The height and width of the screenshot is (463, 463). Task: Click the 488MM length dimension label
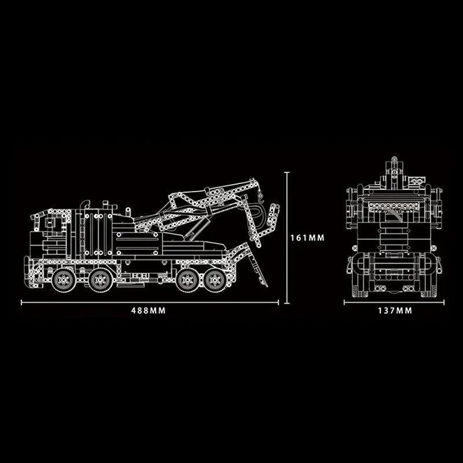point(149,311)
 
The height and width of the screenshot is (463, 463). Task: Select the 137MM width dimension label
point(395,311)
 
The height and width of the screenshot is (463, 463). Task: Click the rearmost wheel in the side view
point(219,281)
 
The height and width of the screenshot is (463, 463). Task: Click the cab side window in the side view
point(51,223)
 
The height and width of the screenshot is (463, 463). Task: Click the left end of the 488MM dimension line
point(22,302)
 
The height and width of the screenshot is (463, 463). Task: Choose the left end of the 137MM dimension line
point(345,302)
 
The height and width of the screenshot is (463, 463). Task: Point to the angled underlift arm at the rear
point(255,263)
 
